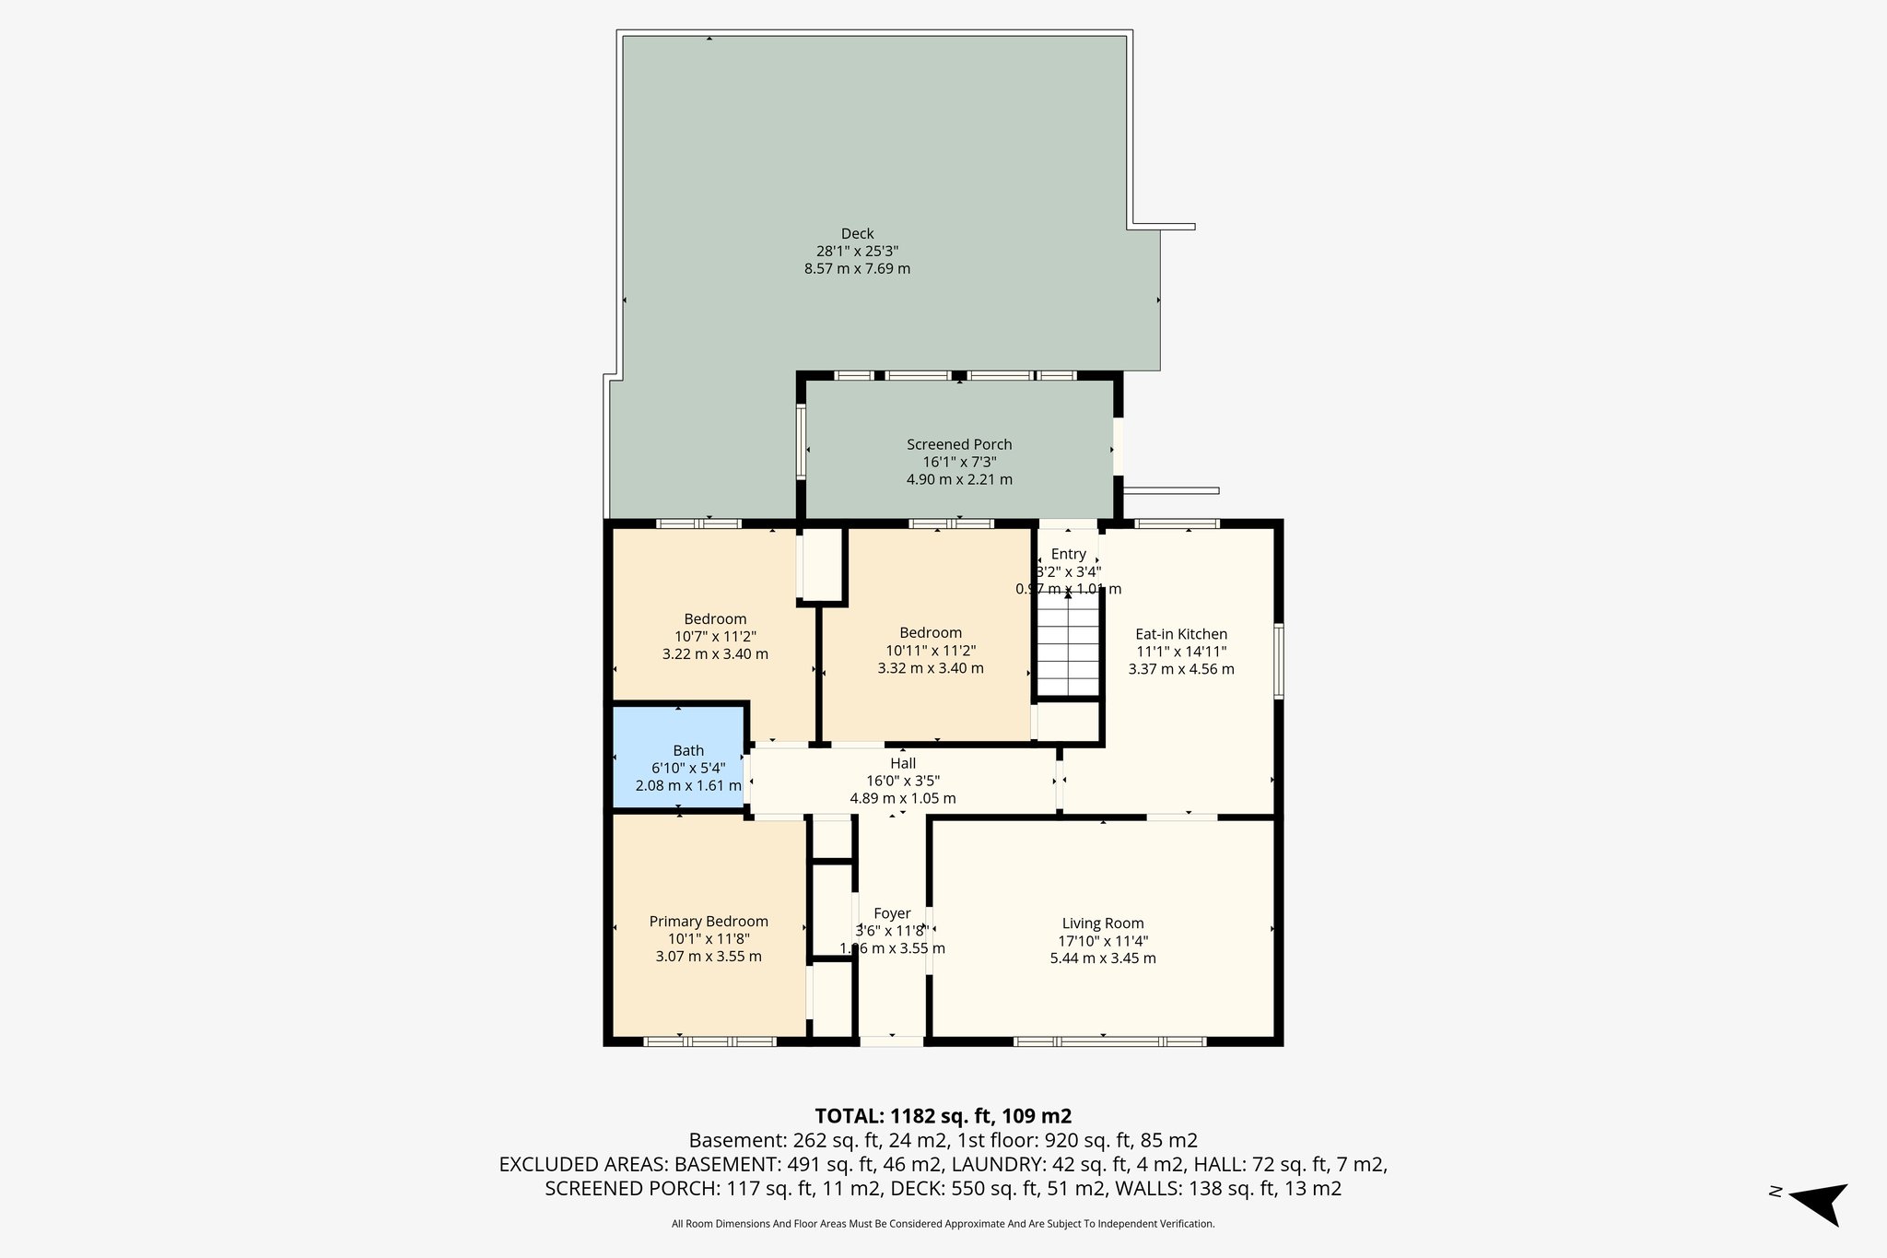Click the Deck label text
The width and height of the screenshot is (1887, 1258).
[x=857, y=234]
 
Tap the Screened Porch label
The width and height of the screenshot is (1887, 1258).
[x=959, y=444]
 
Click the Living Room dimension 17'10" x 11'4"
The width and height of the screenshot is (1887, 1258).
[x=1103, y=941]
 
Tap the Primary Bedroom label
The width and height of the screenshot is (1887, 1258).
[x=709, y=922]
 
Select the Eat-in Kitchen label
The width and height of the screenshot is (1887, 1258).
[x=1181, y=634]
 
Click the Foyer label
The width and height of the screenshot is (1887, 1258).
[x=892, y=913]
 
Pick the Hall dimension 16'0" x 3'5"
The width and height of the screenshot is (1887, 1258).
[x=903, y=781]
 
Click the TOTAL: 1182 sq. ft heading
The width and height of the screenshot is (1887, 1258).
[x=943, y=1115]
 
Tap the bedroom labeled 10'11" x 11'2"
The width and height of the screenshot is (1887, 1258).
[x=931, y=650]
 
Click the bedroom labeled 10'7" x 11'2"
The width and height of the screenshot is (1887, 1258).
[x=715, y=636]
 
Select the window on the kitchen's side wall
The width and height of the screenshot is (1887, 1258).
[x=1279, y=661]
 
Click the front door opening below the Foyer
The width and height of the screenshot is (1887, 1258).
[x=892, y=1041]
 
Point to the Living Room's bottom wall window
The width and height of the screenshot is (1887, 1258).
[x=1109, y=1041]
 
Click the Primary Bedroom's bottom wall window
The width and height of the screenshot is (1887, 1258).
[x=709, y=1041]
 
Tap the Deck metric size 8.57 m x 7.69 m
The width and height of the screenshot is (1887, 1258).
[x=857, y=269]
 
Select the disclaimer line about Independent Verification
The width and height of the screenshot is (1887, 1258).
[x=943, y=1224]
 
